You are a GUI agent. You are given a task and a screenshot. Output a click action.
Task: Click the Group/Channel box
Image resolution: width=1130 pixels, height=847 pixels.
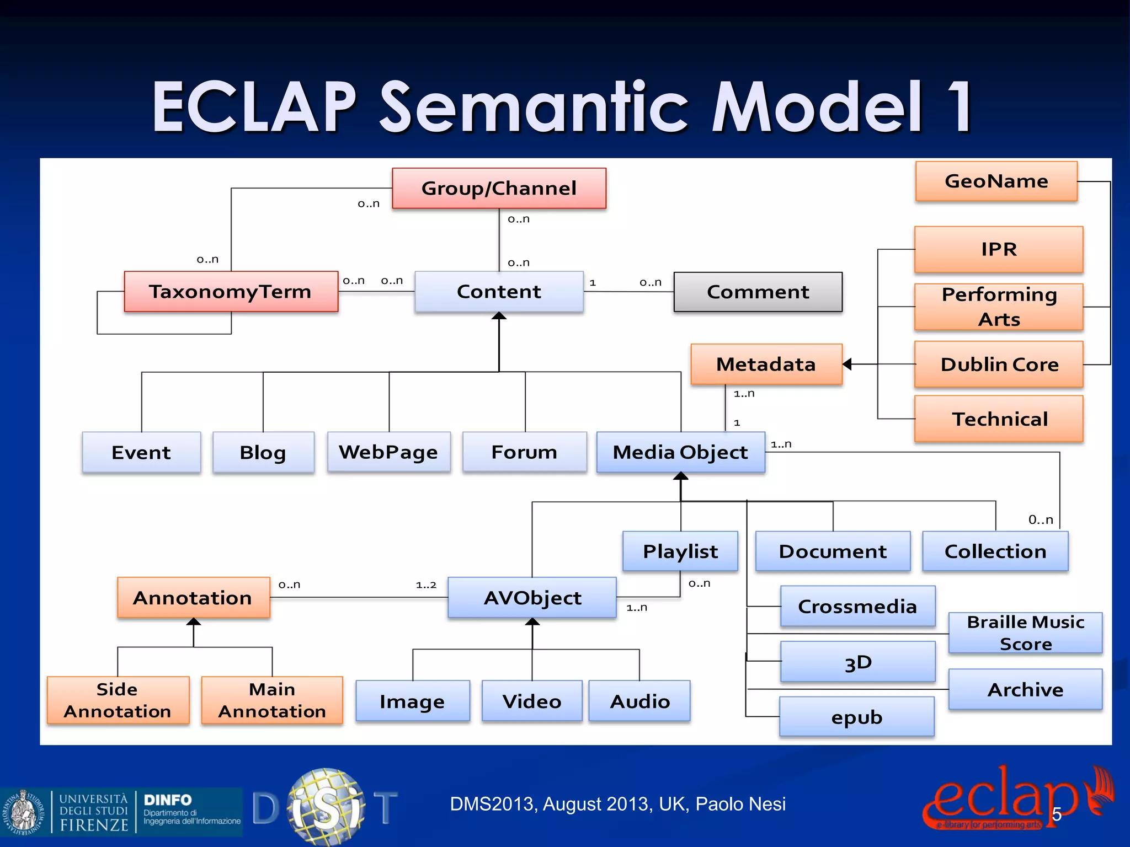click(x=499, y=188)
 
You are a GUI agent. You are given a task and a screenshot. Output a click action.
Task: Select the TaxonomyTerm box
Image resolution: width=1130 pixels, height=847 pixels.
click(x=231, y=291)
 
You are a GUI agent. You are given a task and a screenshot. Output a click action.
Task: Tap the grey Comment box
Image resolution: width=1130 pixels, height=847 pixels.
click(x=758, y=292)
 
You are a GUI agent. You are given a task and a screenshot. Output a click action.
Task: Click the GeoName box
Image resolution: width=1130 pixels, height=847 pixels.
click(x=996, y=181)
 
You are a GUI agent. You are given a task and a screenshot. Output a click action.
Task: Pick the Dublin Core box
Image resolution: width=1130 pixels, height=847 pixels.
click(x=999, y=364)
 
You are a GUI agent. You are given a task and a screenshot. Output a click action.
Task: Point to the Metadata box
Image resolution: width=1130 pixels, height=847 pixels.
click(x=766, y=364)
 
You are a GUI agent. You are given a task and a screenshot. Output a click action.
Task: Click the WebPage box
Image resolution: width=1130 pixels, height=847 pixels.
click(x=388, y=452)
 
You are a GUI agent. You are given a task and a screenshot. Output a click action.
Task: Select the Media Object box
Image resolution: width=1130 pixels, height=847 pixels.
click(x=680, y=452)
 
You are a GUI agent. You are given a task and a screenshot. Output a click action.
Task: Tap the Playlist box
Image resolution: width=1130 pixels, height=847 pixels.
click(x=680, y=551)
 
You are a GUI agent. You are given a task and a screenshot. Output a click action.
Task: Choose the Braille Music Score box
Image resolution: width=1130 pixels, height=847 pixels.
click(x=1025, y=632)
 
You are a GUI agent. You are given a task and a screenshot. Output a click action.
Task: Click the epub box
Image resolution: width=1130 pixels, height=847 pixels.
click(x=856, y=716)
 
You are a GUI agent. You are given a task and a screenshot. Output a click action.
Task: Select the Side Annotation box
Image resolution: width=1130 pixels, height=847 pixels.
click(x=118, y=700)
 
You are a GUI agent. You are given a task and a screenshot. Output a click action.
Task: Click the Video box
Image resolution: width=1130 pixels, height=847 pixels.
click(x=531, y=701)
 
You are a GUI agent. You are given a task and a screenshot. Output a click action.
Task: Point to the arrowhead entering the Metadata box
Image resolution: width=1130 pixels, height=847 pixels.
click(x=847, y=364)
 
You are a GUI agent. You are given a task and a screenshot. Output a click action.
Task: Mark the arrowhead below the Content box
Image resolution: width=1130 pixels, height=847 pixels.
click(x=499, y=316)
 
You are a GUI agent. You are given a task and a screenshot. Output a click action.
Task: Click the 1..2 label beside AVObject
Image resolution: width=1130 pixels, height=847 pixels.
click(x=426, y=585)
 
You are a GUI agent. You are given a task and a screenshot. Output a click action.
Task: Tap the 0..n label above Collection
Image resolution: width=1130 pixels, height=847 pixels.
click(x=1041, y=519)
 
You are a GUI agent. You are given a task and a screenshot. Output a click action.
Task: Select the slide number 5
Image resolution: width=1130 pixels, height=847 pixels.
click(x=1057, y=814)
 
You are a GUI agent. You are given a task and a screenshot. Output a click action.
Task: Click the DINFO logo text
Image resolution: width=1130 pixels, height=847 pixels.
click(x=168, y=800)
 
